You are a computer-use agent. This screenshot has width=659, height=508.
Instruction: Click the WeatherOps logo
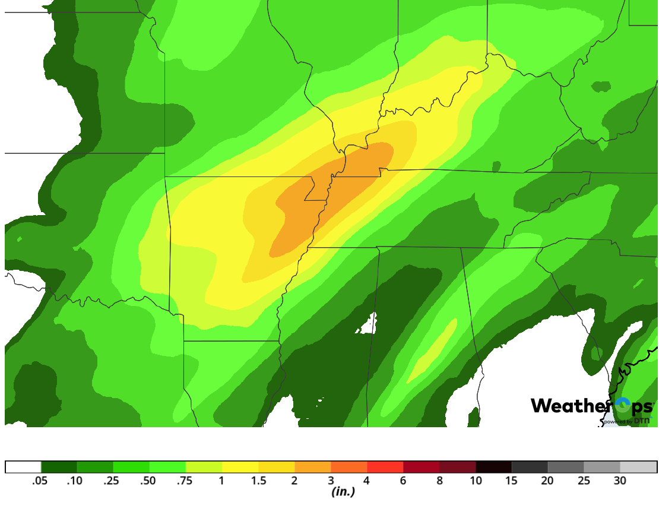click(x=591, y=406)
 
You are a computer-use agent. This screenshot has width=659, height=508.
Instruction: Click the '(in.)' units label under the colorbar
click(x=343, y=492)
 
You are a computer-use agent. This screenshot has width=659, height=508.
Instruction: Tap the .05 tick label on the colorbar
click(x=40, y=481)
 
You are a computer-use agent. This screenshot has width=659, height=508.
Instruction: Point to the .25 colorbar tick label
click(x=112, y=481)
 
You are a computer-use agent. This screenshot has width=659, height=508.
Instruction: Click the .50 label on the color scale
click(x=148, y=481)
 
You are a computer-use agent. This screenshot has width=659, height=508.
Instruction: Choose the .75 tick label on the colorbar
click(x=185, y=481)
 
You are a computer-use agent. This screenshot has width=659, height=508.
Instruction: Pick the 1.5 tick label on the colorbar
click(x=258, y=481)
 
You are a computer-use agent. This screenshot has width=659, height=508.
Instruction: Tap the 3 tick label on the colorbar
click(x=331, y=481)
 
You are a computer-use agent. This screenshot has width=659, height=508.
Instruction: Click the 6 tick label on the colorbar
click(x=403, y=481)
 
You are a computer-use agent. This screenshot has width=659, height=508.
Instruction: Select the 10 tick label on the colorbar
click(x=476, y=481)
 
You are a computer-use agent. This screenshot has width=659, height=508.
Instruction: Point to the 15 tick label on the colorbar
click(x=512, y=481)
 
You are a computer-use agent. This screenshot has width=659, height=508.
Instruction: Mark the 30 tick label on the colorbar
click(x=620, y=481)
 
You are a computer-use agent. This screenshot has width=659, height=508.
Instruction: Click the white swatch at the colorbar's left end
click(x=23, y=467)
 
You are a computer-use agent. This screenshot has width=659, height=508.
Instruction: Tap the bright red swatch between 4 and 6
click(x=385, y=467)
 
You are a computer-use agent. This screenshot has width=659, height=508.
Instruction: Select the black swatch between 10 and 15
click(x=493, y=467)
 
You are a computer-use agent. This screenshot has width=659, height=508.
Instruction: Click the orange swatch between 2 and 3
click(x=312, y=467)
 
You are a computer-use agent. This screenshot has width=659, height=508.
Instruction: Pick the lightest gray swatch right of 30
click(x=638, y=467)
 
